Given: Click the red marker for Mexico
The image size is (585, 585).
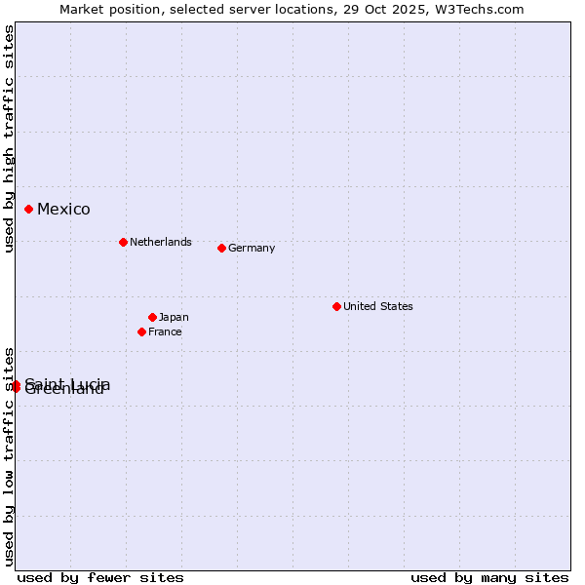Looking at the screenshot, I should pos(29,209).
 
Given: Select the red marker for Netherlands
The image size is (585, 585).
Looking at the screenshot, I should pos(123,242).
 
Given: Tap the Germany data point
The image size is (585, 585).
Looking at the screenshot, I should pos(221,248).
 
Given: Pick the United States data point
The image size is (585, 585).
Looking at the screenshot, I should pos(336,306).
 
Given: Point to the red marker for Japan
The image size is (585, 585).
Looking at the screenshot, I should pos(152,317).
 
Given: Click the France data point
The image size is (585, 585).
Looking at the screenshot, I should pos(142,331).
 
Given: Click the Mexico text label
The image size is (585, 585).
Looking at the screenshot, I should pos(63,210).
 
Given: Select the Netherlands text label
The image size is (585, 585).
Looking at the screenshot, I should pos(160,242).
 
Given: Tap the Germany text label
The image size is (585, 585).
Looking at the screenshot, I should pos(252,248).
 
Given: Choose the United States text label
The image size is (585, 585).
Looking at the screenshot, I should pos(377,306).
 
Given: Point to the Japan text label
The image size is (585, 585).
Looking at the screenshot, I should pos(174,317).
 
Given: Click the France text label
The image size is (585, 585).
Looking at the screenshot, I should pos(165,331).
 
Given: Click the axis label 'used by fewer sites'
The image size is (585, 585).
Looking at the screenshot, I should pos(100,577).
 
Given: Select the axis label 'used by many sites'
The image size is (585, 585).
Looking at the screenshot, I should pos(489,577).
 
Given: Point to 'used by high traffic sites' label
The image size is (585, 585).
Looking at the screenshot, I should pos(10,138).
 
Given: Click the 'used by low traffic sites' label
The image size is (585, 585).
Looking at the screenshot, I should pos(10,456).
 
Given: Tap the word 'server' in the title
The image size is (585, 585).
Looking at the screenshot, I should pos(251,10).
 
